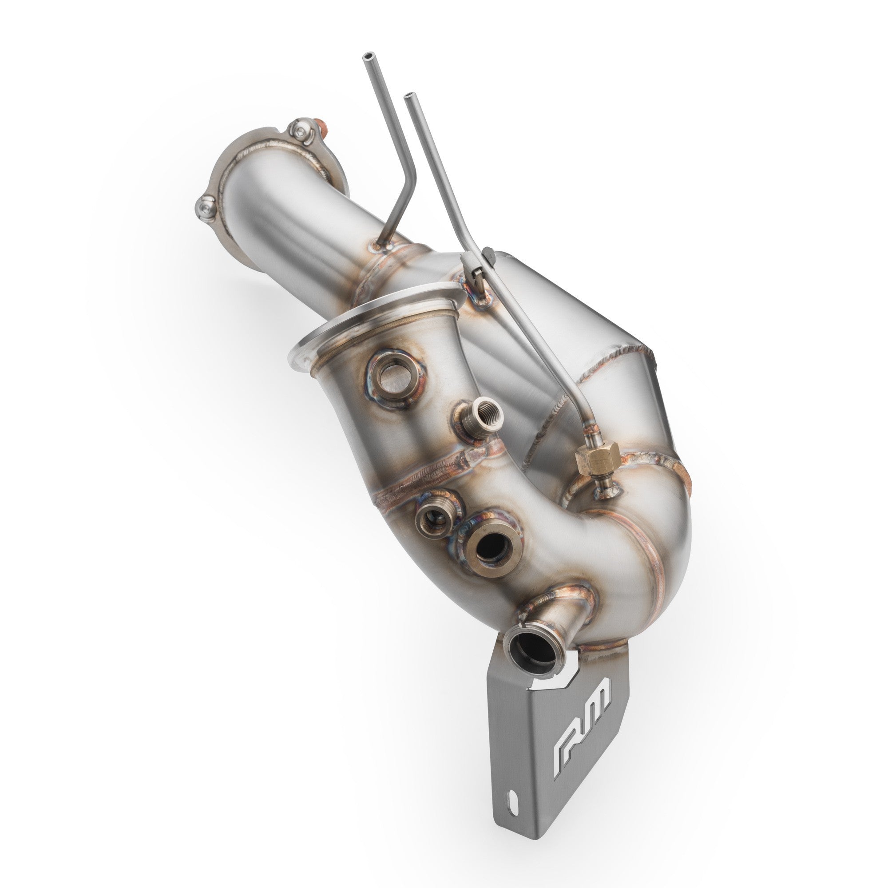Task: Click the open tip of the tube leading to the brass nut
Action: (x=407, y=97)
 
